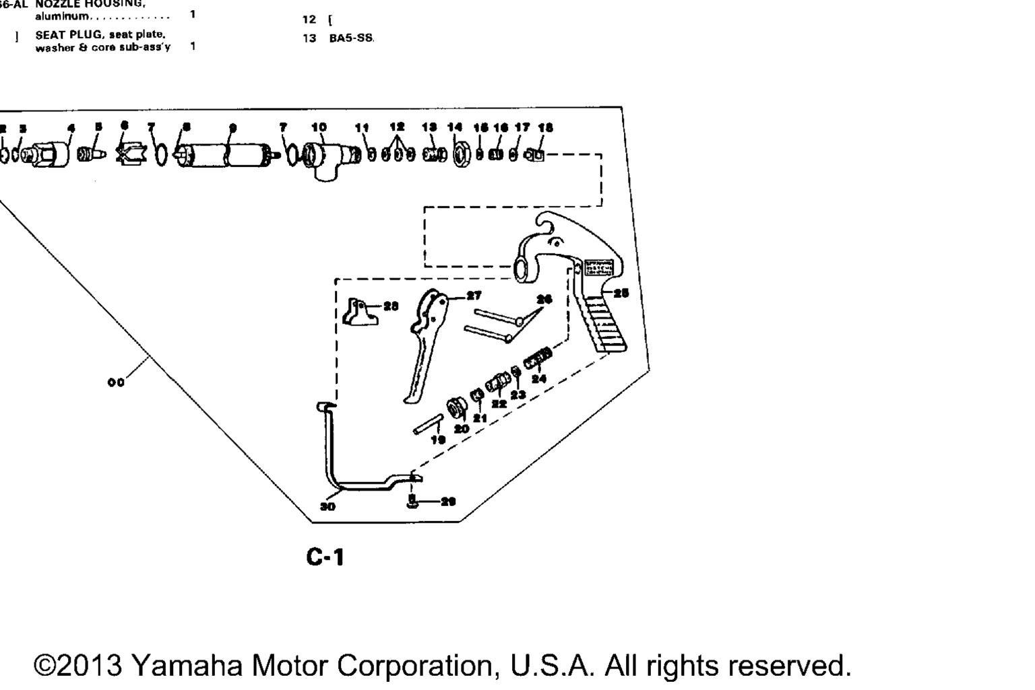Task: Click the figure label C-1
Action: [x=325, y=557]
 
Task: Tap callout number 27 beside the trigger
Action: [x=474, y=295]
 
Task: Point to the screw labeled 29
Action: [x=413, y=501]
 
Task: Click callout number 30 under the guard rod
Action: [x=327, y=506]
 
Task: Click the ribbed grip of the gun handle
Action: [x=604, y=325]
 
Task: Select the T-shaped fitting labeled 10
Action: [x=323, y=158]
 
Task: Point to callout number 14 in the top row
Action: [x=456, y=127]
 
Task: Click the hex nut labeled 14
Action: [x=461, y=156]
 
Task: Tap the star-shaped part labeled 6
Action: [x=128, y=154]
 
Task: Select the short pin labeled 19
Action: [x=427, y=426]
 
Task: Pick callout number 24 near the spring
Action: [x=538, y=379]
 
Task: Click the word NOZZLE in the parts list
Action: [x=57, y=4]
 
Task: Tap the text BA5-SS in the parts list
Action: [x=350, y=38]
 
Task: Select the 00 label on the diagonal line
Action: [x=116, y=383]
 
